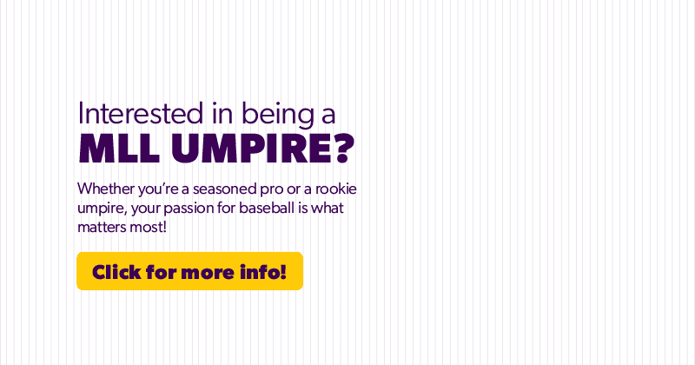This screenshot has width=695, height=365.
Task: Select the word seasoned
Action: click(x=227, y=189)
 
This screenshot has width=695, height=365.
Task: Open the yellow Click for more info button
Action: click(x=189, y=271)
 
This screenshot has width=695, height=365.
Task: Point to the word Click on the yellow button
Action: click(x=117, y=271)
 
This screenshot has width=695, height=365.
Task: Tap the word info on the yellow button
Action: click(x=262, y=271)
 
